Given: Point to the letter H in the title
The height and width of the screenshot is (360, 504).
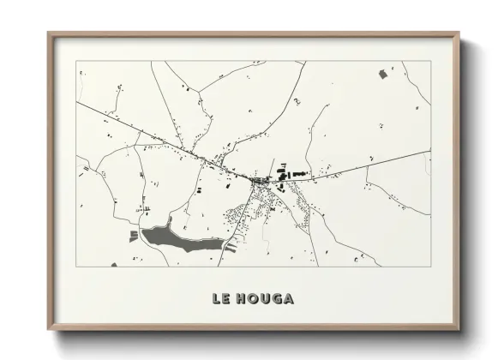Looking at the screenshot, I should [x=239, y=299].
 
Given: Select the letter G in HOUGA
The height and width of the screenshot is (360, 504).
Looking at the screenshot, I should [x=276, y=299].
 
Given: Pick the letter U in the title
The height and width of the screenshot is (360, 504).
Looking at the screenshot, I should [x=264, y=299].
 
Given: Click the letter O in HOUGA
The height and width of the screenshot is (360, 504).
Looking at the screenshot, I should [x=251, y=299].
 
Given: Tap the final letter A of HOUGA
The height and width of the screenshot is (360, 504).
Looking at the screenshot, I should [x=288, y=299].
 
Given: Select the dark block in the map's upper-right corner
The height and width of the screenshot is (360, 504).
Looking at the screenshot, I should [x=382, y=75].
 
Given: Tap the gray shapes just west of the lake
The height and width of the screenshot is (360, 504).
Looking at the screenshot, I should [x=133, y=235].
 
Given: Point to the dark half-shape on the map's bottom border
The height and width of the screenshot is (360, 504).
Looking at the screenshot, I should [x=114, y=264].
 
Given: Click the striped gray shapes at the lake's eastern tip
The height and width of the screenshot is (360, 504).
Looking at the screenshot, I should [x=227, y=250].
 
